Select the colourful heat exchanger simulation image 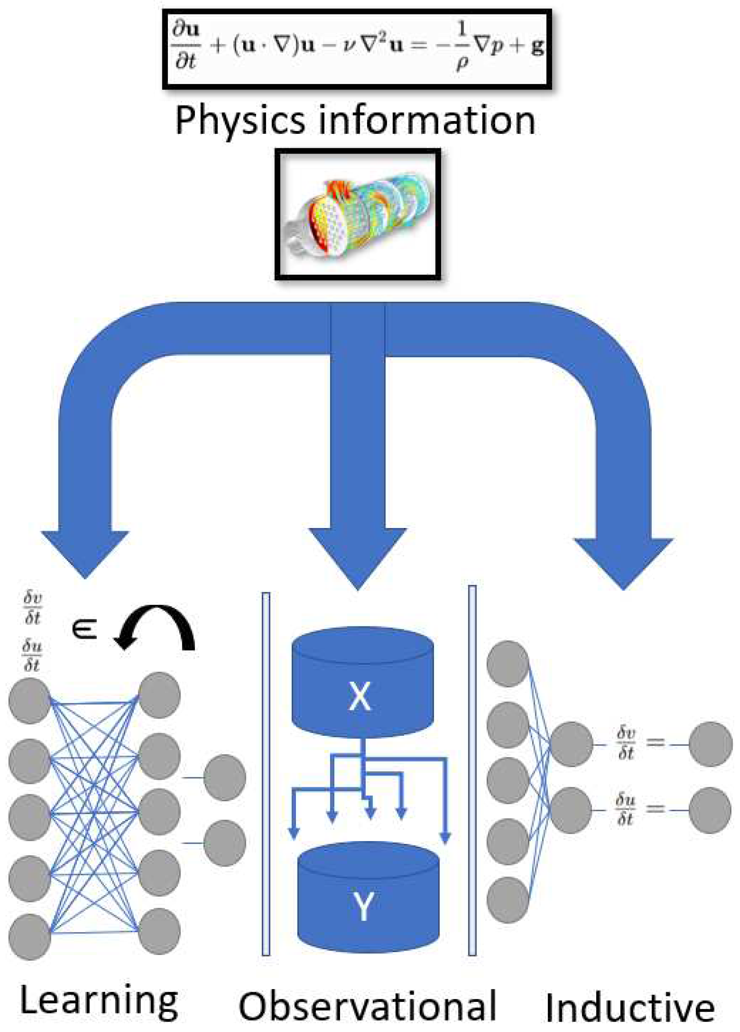point(358,214)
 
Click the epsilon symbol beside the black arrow point(85,630)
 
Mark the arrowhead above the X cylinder point(358,558)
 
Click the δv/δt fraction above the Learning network point(32,607)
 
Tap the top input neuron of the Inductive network point(507,664)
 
